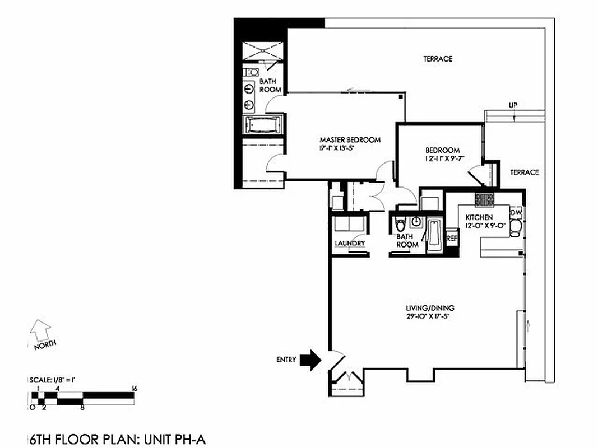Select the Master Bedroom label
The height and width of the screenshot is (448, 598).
[350, 139]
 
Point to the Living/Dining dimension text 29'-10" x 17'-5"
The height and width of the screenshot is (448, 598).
[430, 316]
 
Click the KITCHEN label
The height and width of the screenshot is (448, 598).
[479, 217]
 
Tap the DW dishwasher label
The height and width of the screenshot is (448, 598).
[516, 212]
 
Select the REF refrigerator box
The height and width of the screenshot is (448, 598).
[452, 238]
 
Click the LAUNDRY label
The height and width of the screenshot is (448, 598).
[350, 243]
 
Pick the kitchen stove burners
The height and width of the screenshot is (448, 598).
[485, 199]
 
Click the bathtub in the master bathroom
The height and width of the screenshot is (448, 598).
[263, 125]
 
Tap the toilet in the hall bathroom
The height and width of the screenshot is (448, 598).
[400, 226]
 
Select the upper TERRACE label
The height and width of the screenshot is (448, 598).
[437, 59]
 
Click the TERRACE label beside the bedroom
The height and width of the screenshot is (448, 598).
[524, 172]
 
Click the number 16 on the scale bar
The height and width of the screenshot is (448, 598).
[134, 388]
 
